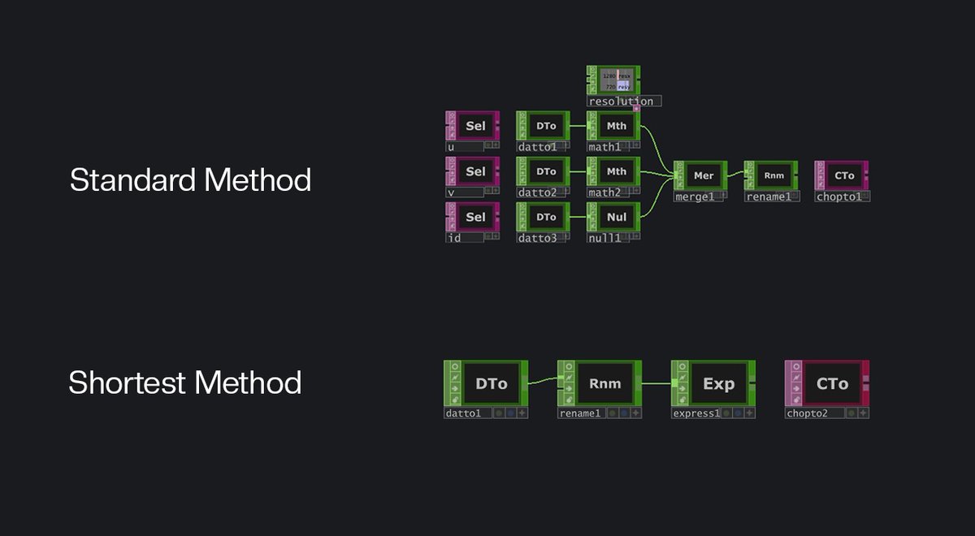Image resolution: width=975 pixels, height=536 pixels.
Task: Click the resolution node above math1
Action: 614,80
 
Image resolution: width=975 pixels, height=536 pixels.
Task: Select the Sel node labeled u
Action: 474,126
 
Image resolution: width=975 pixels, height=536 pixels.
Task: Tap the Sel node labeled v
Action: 474,171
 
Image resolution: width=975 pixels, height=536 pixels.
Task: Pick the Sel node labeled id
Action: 474,217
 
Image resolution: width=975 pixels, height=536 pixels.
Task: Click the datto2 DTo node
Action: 546,171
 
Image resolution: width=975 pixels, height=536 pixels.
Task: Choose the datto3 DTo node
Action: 546,217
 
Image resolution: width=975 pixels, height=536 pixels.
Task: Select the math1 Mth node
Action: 616,126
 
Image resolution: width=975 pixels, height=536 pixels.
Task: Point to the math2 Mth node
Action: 616,171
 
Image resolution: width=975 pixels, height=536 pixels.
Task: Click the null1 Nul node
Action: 616,217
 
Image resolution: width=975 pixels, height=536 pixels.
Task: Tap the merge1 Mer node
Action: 703,175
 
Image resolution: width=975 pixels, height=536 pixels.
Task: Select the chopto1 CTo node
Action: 843,175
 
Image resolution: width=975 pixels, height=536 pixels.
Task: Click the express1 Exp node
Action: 717,384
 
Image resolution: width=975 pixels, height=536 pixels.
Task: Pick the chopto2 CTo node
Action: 830,384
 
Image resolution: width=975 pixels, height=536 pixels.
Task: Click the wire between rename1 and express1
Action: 656,382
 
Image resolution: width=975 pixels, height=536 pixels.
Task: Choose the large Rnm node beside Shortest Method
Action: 604,384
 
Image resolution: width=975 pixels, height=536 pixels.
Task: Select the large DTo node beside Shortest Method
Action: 490,384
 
